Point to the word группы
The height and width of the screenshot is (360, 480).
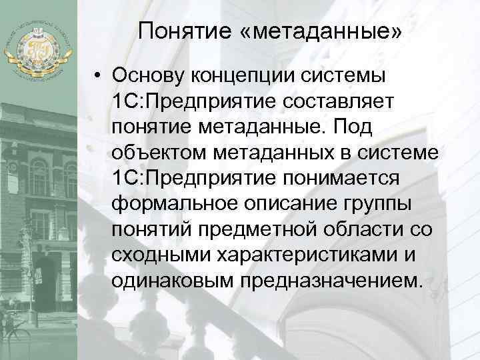coord(369,202)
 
